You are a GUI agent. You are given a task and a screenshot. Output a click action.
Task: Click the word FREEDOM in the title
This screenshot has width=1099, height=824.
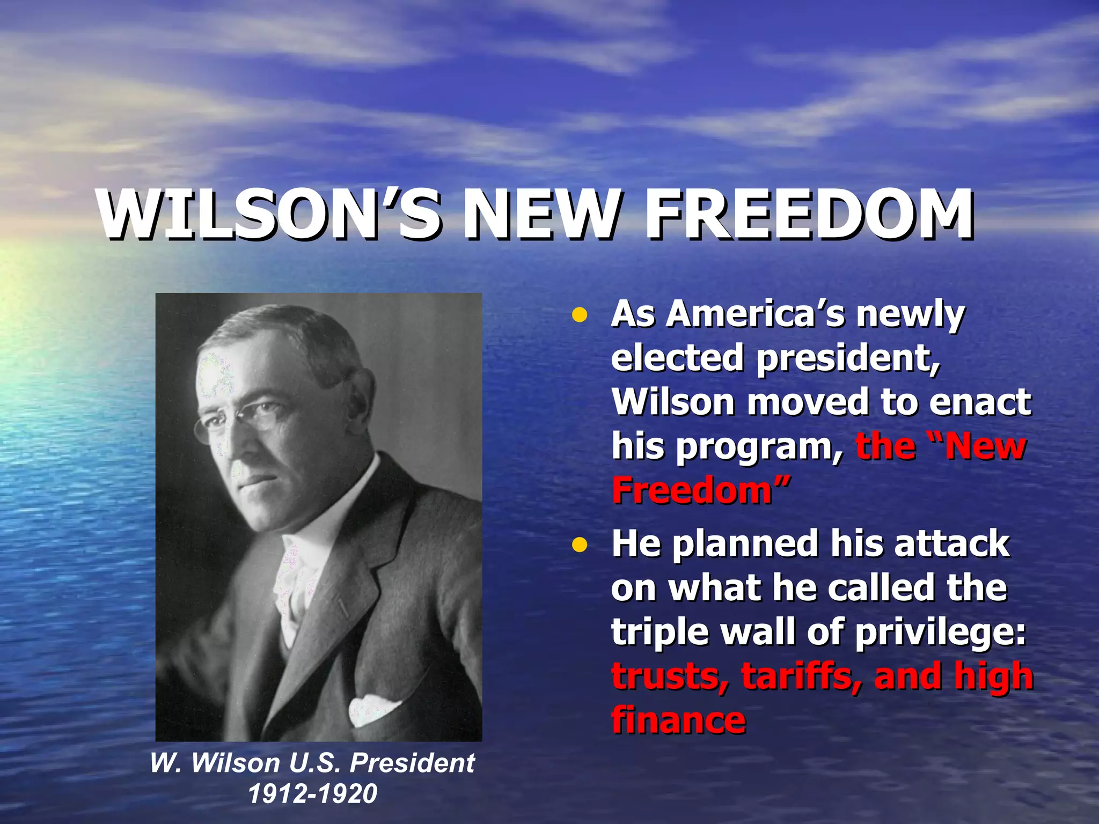[x=809, y=215]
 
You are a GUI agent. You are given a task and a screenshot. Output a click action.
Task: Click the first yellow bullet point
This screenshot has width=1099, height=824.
[x=579, y=315]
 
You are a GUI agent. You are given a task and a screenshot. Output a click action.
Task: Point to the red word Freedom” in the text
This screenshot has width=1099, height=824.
[x=701, y=490]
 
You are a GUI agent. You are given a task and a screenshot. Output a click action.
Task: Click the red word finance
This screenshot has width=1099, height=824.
[x=678, y=720]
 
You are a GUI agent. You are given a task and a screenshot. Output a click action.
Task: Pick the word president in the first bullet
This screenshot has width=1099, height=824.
[x=848, y=358]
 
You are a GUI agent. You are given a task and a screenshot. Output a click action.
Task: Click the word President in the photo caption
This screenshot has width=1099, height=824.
[x=412, y=763]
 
